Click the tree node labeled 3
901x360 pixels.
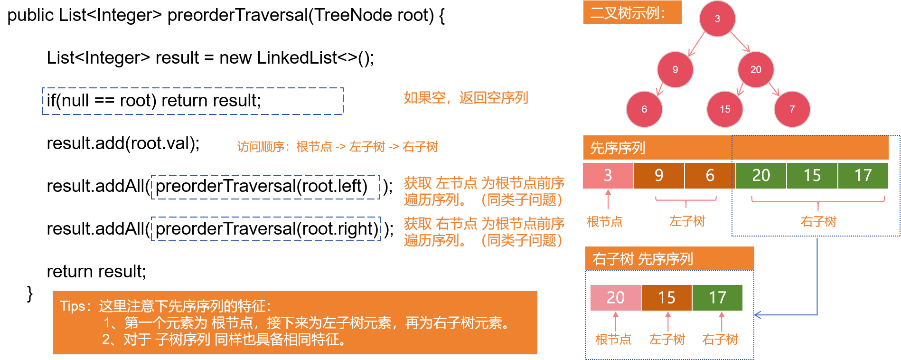(717, 19)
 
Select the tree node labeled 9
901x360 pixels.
(675, 70)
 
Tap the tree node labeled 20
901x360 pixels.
(756, 70)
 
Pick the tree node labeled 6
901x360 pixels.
(644, 109)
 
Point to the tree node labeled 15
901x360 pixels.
(725, 109)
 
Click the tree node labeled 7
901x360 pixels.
(792, 109)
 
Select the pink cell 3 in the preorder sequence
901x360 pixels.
(608, 176)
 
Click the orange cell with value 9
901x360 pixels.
(659, 176)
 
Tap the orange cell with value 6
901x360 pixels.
(710, 176)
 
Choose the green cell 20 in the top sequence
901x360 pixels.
(761, 176)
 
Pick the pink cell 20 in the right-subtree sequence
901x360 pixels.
(616, 298)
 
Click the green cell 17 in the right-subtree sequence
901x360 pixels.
(717, 298)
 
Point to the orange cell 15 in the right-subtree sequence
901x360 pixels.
(666, 298)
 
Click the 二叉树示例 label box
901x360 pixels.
(632, 12)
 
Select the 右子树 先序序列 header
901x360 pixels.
(670, 259)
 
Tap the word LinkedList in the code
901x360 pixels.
(297, 58)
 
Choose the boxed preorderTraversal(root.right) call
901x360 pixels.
(266, 229)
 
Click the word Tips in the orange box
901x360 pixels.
(73, 306)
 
